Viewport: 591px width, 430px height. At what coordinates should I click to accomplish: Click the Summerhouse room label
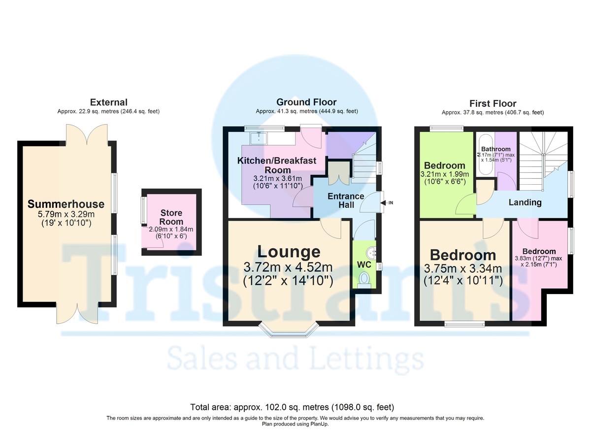click(x=66, y=204)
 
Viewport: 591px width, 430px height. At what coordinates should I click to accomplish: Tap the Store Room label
click(x=171, y=217)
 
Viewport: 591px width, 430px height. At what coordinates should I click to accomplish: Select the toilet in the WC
click(x=364, y=280)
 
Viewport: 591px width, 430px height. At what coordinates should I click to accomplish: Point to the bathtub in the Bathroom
click(x=485, y=155)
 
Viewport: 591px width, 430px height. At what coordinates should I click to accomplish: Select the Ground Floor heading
click(x=306, y=102)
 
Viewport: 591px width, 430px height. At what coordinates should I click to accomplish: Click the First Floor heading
click(x=492, y=103)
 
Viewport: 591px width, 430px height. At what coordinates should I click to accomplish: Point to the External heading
click(x=108, y=102)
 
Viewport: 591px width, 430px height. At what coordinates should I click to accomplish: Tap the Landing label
click(x=525, y=202)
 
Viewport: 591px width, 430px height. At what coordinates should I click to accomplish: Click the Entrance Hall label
click(x=346, y=200)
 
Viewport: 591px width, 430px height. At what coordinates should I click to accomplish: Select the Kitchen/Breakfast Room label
click(x=277, y=165)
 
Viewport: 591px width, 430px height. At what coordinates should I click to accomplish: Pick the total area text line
click(x=292, y=408)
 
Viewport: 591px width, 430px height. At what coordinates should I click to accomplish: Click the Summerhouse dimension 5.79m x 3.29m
click(x=66, y=216)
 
